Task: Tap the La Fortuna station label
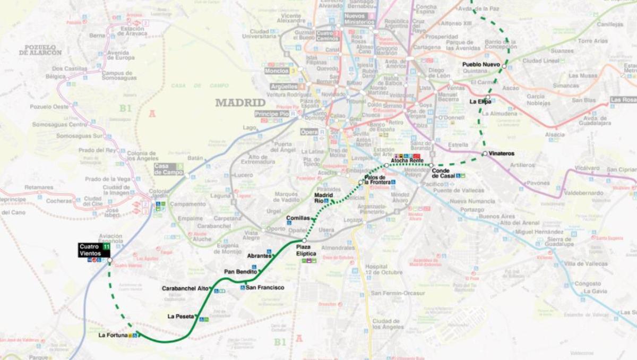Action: pyautogui.click(x=113, y=336)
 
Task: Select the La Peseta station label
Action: pyautogui.click(x=180, y=316)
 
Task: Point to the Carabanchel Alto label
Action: pyautogui.click(x=185, y=288)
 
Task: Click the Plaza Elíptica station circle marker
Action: pyautogui.click(x=305, y=241)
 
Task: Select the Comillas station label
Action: pyautogui.click(x=298, y=218)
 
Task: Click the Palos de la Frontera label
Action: pyautogui.click(x=377, y=180)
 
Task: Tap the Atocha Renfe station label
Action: pyautogui.click(x=407, y=160)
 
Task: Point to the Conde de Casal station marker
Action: pyautogui.click(x=432, y=165)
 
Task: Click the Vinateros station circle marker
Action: pyautogui.click(x=484, y=153)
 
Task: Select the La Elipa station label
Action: pyautogui.click(x=480, y=101)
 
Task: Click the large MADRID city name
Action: pyautogui.click(x=240, y=102)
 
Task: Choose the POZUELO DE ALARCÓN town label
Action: pyautogui.click(x=40, y=50)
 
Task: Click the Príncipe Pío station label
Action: pyautogui.click(x=271, y=114)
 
